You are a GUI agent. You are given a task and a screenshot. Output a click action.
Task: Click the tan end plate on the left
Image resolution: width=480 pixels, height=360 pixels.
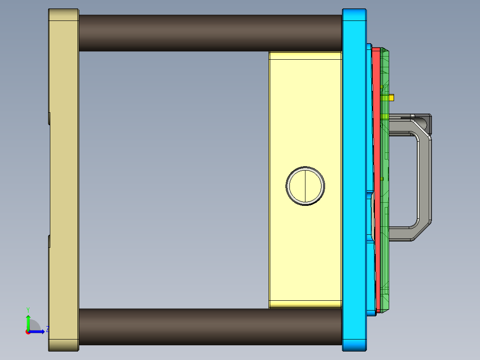[x=63, y=178]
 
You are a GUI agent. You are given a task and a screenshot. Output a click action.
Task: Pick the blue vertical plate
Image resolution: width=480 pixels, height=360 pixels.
[x=354, y=178]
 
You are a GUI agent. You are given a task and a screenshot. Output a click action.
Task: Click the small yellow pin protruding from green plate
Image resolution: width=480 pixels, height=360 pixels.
[x=392, y=97]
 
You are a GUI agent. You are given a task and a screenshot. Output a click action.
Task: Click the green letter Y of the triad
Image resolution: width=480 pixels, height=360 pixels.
[x=28, y=309]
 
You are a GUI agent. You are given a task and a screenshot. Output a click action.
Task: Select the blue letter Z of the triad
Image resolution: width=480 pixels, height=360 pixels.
[x=47, y=329]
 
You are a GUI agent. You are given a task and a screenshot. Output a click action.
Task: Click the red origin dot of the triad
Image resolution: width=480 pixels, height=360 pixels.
[x=28, y=331]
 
